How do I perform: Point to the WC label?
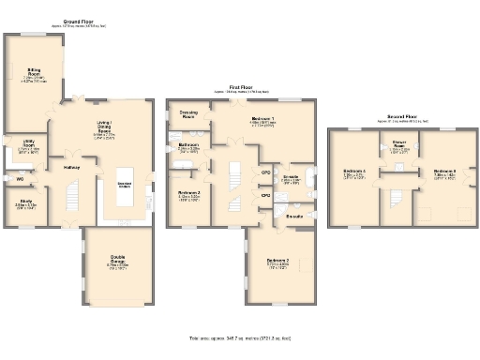[x=20, y=177]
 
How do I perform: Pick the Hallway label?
[x=71, y=168]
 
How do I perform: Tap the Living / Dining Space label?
[x=104, y=128]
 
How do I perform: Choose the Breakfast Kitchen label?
[x=124, y=184]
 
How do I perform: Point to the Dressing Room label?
[x=187, y=114]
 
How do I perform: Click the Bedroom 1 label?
[x=263, y=120]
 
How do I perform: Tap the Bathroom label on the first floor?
[x=188, y=146]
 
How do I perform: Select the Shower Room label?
[x=399, y=147]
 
